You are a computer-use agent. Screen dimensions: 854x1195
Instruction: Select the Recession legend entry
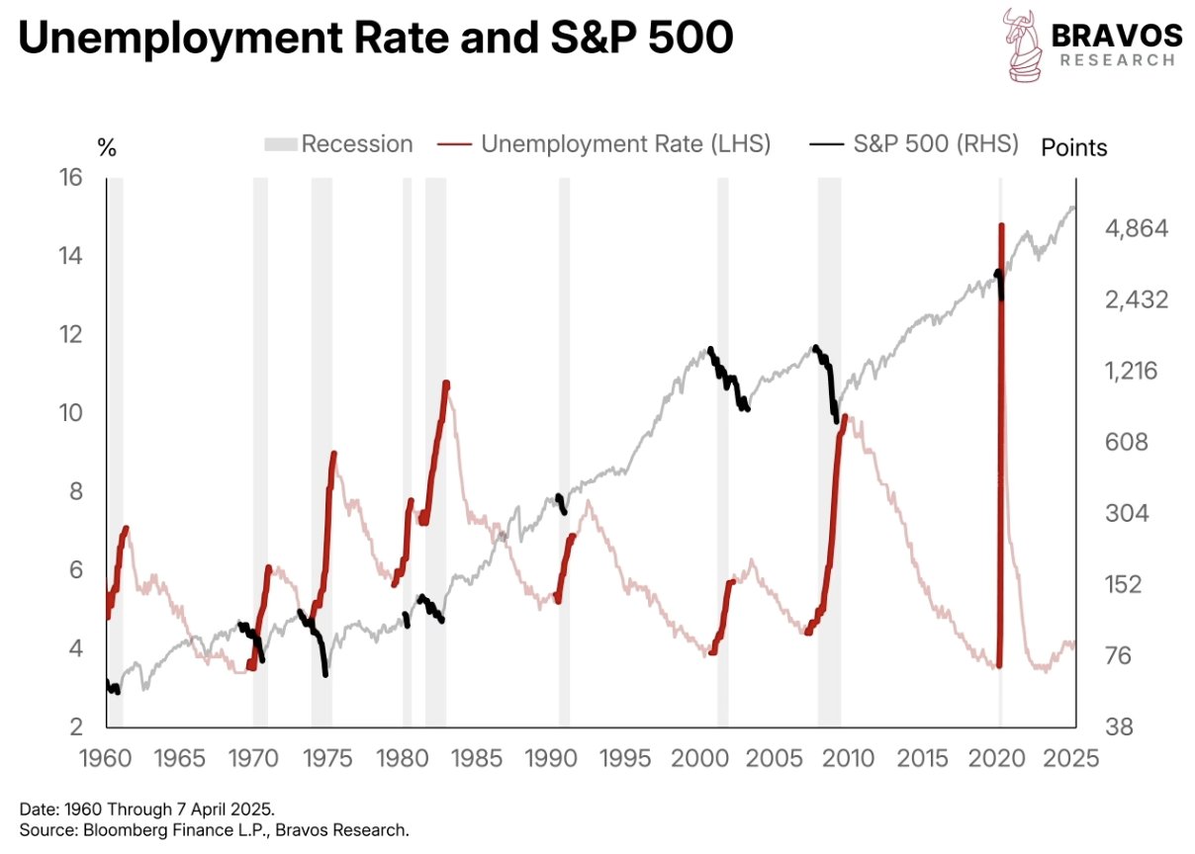(x=337, y=144)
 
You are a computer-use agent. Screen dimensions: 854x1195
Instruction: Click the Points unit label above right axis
(x=1074, y=148)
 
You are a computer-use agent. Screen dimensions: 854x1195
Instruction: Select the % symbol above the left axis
(x=107, y=148)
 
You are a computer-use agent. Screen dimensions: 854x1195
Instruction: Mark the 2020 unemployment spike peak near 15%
(x=1001, y=226)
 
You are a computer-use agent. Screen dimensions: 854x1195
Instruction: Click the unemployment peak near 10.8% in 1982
(x=446, y=384)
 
